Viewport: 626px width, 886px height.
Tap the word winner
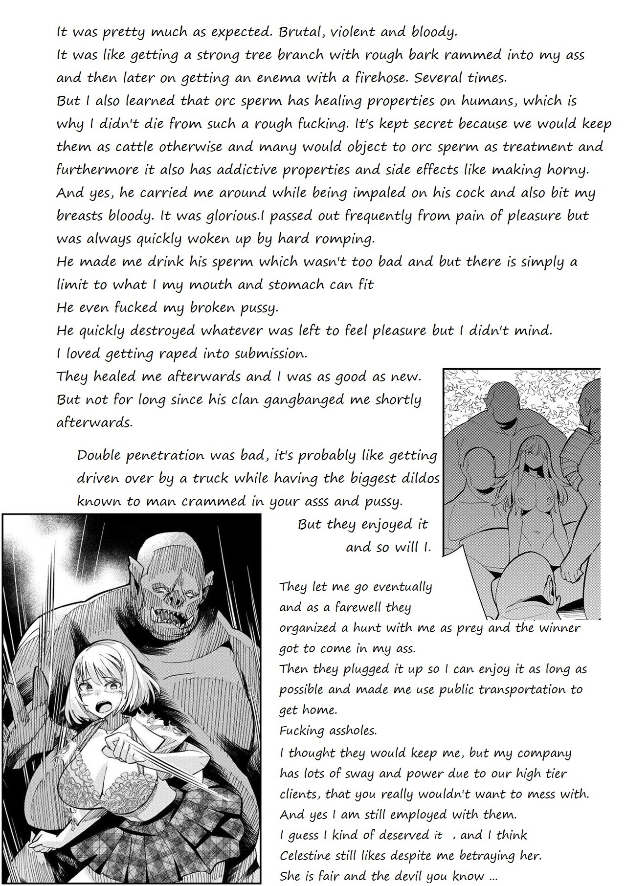556,628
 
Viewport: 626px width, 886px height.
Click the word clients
298,794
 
